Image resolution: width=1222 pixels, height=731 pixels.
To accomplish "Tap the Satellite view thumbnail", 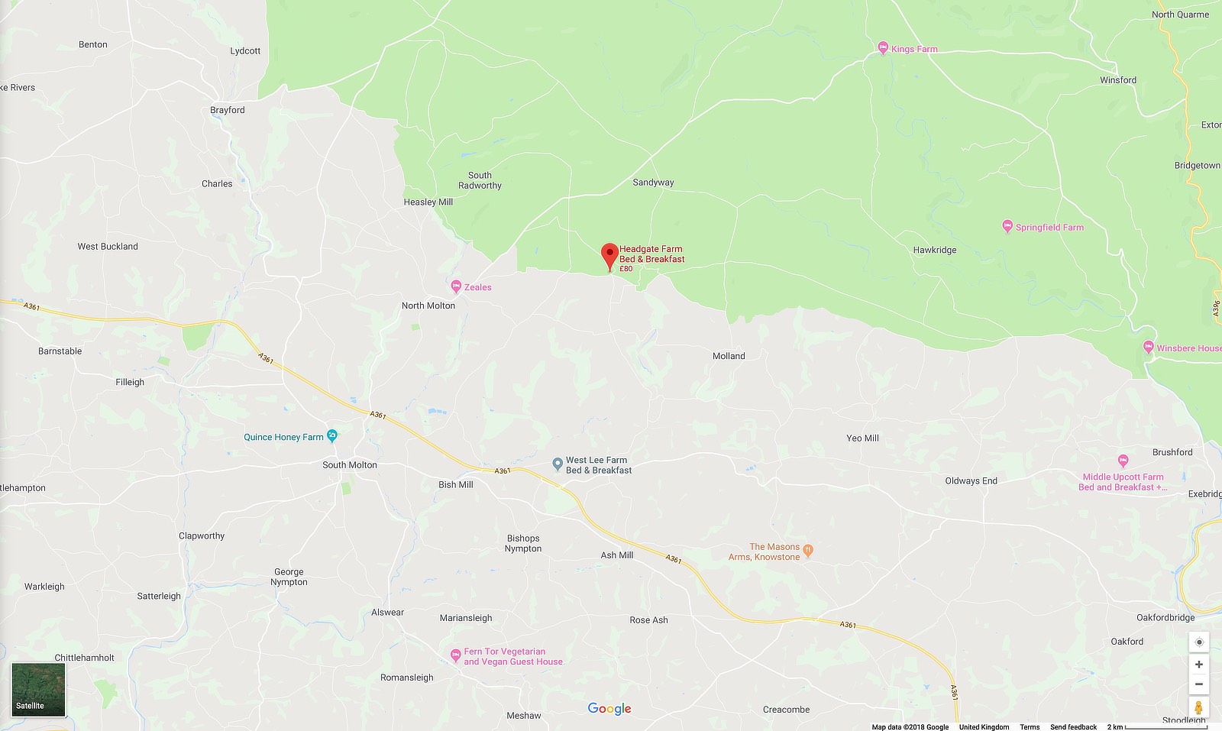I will pos(38,689).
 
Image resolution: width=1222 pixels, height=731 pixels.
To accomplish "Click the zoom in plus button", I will pos(1198,665).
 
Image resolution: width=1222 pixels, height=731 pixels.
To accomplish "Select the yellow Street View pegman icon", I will pos(1198,707).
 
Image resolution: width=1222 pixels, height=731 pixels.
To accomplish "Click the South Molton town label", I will pos(349,464).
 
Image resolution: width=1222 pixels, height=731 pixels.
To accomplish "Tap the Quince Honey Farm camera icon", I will pos(331,436).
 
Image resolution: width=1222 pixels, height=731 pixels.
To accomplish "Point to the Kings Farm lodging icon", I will pos(883,48).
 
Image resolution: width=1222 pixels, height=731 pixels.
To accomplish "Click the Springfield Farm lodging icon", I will pos(1007,226).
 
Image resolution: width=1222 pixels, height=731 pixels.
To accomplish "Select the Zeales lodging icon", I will pos(456,286).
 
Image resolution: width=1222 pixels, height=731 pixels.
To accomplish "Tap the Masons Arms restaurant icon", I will pos(808,550).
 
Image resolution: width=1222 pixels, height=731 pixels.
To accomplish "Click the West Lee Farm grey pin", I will pos(558,464).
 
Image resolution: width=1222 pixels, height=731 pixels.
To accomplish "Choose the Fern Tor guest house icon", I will pos(455,655).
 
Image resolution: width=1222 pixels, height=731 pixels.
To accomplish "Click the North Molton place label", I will pos(428,306).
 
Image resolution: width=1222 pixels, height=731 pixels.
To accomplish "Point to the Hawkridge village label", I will pos(934,250).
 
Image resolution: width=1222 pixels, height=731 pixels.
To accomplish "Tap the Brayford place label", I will pos(227,110).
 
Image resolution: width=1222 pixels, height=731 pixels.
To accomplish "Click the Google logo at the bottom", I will pos(609,709).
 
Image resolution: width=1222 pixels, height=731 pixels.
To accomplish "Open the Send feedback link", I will pos(1072,726).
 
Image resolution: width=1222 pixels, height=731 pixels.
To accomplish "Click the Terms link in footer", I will pos(1029,726).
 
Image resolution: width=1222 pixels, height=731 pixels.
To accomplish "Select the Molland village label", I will pos(728,356).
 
